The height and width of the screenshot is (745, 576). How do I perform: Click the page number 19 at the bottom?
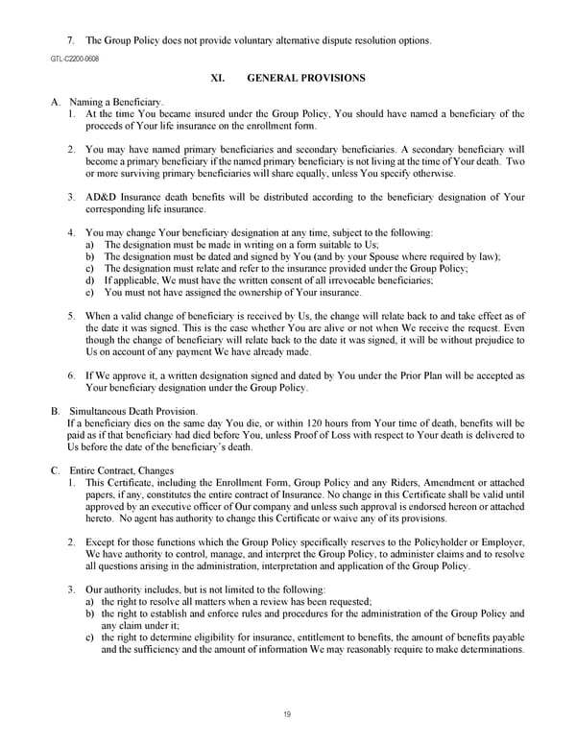click(x=287, y=713)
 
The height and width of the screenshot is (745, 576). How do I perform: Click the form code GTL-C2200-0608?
click(x=74, y=58)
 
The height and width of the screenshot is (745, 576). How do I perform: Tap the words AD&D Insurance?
click(x=120, y=198)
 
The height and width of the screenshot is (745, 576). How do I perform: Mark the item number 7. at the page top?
click(x=71, y=40)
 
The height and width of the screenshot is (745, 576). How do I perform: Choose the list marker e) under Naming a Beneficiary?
click(x=90, y=292)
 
